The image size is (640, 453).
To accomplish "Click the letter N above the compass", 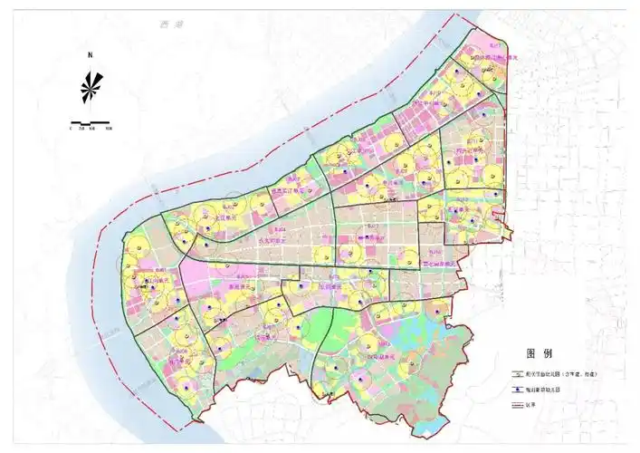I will coord(91,55).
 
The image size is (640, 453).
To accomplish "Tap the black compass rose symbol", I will coord(91,88).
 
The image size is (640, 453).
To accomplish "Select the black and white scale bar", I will coord(91,121).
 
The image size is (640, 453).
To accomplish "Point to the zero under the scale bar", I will coord(71,129).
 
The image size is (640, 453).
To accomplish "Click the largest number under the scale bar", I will coord(110,129).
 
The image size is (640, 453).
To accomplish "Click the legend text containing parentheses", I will coord(563,373).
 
